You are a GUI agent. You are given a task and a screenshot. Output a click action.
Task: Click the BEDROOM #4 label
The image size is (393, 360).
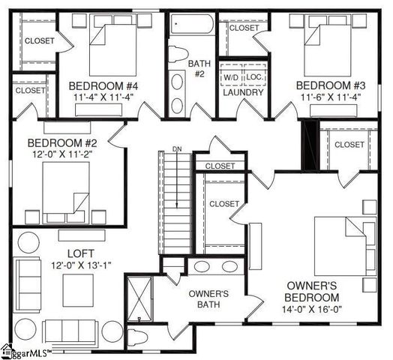101,85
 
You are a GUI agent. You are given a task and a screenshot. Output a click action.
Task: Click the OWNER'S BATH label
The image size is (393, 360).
208,298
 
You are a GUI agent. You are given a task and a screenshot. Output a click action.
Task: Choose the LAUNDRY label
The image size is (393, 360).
243,92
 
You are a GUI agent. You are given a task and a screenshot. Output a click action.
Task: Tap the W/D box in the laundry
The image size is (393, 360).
230,77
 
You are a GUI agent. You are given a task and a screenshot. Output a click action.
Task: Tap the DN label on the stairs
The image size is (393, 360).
177,149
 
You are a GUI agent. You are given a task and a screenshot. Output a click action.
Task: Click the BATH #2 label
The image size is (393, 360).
199,68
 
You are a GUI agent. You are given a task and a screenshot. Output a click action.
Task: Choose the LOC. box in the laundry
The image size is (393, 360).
254,77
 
